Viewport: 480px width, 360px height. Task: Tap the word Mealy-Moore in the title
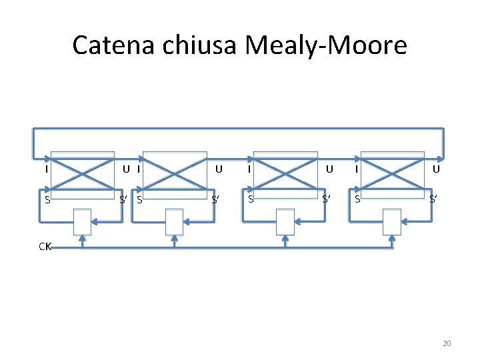[325, 45]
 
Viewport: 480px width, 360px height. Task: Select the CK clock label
[45, 247]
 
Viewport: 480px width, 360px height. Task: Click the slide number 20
[447, 343]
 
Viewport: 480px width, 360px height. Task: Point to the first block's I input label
[45, 169]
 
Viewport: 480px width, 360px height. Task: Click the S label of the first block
[45, 199]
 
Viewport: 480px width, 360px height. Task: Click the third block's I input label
[249, 169]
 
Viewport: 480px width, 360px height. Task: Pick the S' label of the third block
[327, 199]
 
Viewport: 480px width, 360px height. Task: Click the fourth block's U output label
[435, 169]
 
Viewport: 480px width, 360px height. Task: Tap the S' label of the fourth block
[434, 199]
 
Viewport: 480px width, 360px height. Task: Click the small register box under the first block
[82, 221]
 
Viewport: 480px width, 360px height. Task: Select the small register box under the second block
[174, 221]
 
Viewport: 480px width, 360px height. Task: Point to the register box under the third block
[285, 221]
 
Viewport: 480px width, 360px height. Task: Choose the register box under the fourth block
[392, 221]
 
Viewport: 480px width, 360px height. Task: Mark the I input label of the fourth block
[357, 169]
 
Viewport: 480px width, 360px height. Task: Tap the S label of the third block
[250, 199]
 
